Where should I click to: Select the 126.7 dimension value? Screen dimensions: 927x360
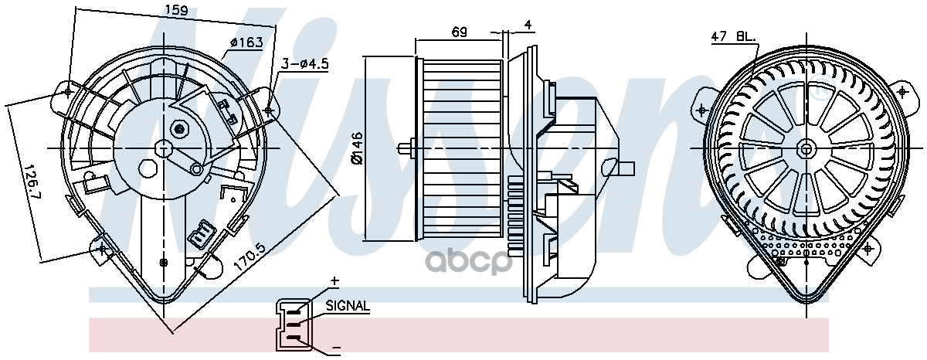(30, 180)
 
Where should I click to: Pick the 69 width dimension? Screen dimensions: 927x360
(460, 32)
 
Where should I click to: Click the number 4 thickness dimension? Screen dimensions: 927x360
(528, 25)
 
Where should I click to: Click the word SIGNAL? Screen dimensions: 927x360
(348, 307)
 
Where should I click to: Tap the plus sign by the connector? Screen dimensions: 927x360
(334, 280)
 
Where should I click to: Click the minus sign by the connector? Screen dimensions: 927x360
(336, 350)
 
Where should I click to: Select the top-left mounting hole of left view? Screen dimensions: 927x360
(69, 92)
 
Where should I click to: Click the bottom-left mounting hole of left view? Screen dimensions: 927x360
(104, 248)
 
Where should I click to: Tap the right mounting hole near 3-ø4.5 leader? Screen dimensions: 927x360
(268, 111)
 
